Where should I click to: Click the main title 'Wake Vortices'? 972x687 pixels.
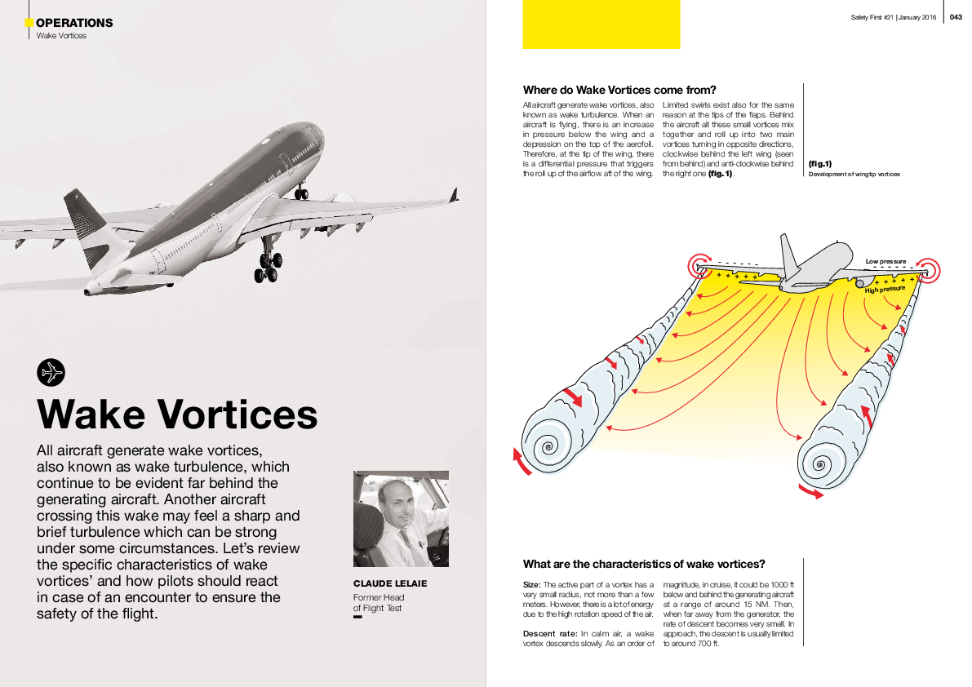(177, 414)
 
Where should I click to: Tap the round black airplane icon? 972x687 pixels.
(51, 372)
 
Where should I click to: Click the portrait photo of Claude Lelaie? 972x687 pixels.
(401, 519)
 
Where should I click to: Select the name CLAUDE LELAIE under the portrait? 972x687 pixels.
(390, 584)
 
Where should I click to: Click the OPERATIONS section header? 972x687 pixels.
(74, 23)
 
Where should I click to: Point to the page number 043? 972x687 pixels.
(956, 18)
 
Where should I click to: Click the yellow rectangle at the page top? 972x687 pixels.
(601, 24)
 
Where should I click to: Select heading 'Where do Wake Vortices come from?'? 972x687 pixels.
(619, 90)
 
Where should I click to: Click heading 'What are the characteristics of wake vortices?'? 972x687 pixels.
(644, 564)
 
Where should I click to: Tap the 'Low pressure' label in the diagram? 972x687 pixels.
(885, 261)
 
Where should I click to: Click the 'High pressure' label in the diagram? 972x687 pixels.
(885, 289)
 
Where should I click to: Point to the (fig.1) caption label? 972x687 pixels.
(819, 164)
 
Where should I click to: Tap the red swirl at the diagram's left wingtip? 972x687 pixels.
(699, 264)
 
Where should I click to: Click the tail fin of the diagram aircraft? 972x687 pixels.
(789, 254)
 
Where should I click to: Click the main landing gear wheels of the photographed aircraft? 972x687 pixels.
(267, 269)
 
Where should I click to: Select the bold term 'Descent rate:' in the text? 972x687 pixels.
(546, 633)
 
